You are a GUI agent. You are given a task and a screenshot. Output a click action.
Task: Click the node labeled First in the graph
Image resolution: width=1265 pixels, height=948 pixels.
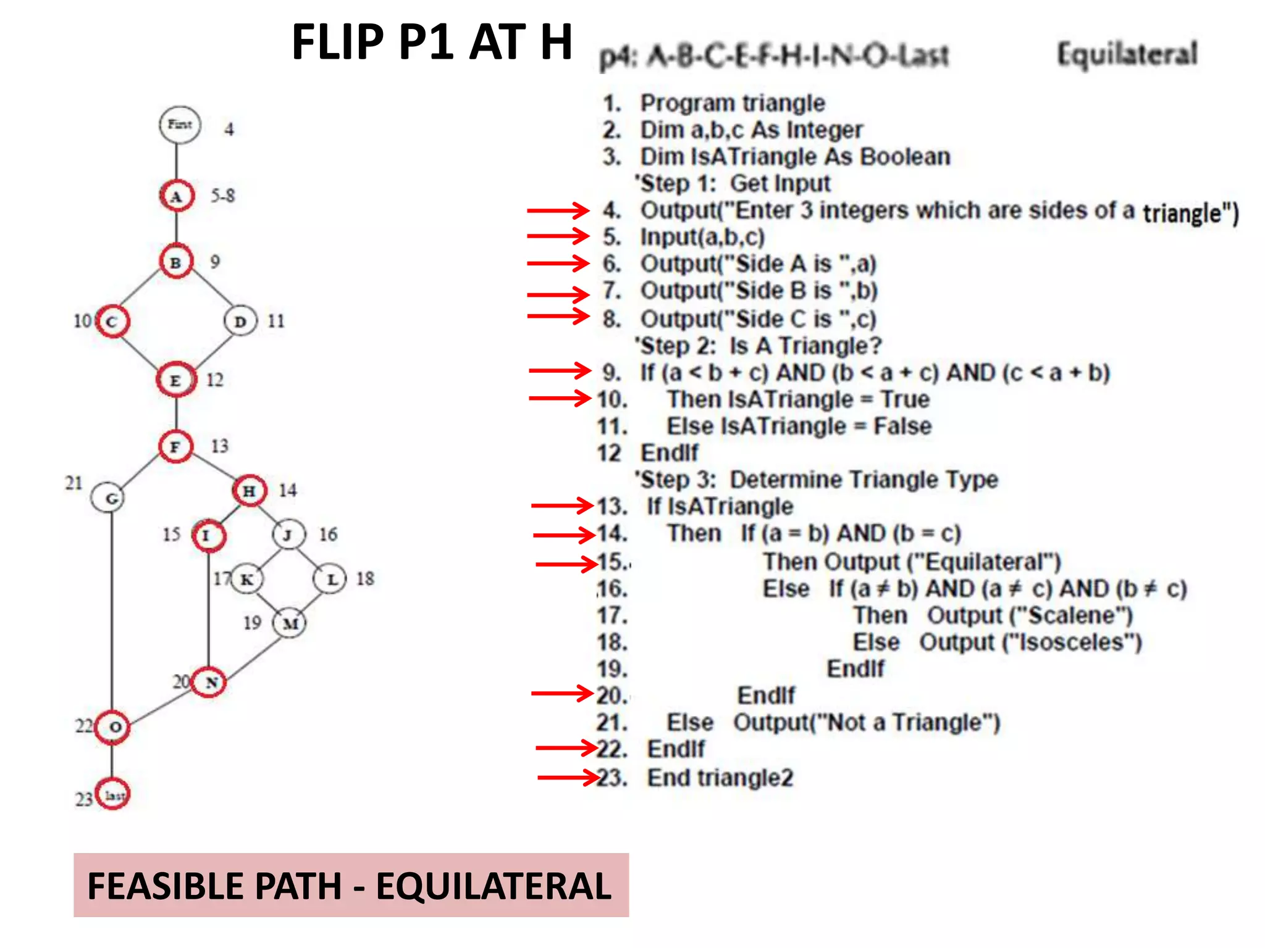click(x=180, y=125)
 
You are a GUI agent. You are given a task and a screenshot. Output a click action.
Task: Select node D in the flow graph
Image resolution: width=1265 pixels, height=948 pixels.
click(x=240, y=322)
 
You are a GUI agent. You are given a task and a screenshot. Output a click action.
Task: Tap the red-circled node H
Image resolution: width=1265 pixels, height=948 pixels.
click(x=250, y=491)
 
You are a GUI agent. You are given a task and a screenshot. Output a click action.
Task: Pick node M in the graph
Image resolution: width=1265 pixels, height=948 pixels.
click(x=290, y=623)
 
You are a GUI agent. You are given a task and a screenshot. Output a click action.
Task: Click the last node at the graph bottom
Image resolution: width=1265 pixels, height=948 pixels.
click(x=113, y=795)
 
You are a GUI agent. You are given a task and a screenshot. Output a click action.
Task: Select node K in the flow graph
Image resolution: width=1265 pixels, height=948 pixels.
click(x=246, y=580)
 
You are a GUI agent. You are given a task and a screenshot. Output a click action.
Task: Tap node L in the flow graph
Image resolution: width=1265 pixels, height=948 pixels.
click(x=330, y=580)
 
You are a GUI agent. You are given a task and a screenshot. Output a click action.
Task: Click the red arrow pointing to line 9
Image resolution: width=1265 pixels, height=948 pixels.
click(x=560, y=371)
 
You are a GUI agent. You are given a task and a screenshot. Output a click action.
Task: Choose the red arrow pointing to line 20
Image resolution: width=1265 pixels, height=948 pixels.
click(x=562, y=694)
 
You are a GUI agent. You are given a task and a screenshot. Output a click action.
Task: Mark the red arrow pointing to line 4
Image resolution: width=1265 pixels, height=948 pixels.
click(x=558, y=210)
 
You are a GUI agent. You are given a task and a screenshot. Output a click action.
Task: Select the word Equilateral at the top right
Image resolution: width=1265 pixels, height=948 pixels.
click(x=1127, y=54)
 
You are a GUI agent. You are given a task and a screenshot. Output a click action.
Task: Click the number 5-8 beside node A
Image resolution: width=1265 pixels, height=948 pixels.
click(x=222, y=196)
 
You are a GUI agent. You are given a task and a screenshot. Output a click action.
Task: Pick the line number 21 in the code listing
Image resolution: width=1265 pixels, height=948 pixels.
click(x=612, y=723)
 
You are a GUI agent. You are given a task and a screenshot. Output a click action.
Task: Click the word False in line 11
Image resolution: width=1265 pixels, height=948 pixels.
click(x=902, y=426)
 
